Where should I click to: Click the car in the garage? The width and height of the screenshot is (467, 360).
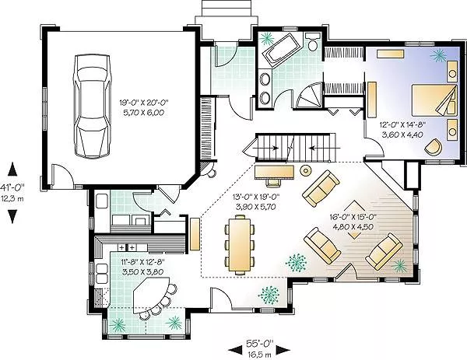[93, 106]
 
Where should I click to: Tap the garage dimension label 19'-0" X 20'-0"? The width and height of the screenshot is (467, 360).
[144, 103]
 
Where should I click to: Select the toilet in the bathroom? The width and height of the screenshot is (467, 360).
[312, 42]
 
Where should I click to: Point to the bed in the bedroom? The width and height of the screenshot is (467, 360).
[434, 100]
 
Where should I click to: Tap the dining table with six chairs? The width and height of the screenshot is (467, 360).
[240, 243]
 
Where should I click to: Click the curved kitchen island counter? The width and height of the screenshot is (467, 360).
[152, 295]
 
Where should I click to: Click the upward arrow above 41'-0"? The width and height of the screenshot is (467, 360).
[12, 170]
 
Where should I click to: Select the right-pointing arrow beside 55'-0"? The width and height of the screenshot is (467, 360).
[283, 350]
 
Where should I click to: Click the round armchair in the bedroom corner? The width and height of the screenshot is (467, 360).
[434, 147]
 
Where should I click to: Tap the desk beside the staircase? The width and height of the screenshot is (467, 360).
[275, 173]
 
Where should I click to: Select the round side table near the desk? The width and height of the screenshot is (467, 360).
[306, 170]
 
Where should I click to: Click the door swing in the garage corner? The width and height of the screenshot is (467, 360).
[62, 176]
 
